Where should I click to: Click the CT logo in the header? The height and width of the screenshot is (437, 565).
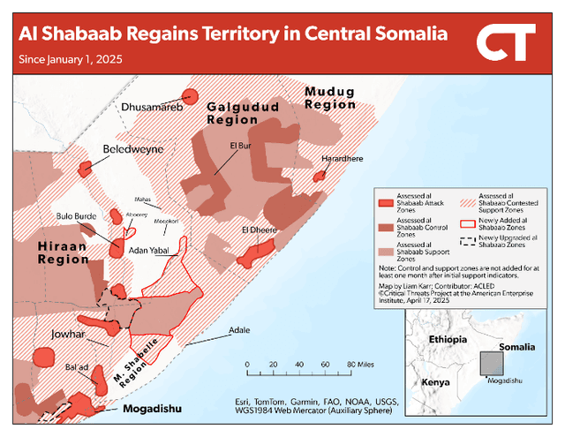[505, 41]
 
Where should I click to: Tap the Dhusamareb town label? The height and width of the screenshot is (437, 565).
[151, 108]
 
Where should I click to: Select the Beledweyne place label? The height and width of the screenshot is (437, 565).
[133, 149]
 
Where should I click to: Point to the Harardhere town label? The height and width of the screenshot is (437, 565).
[342, 159]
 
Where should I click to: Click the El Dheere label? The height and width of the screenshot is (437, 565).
[259, 230]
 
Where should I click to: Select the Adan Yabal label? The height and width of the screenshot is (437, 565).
[148, 252]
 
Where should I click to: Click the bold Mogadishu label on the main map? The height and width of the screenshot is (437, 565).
[153, 409]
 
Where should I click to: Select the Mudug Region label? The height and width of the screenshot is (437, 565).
[329, 97]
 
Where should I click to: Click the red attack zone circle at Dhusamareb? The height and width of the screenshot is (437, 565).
[189, 97]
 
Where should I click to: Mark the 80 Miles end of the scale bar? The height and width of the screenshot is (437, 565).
[351, 364]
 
